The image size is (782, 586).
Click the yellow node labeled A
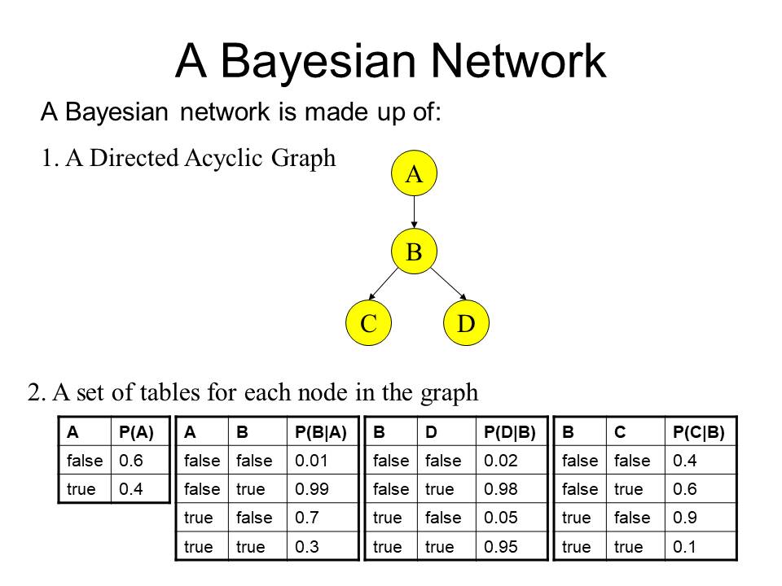coord(414,173)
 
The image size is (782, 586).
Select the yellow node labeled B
coord(414,251)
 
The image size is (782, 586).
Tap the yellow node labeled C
coord(368,323)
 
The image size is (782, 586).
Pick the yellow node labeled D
coord(466,323)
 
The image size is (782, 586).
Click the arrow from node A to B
coord(414,212)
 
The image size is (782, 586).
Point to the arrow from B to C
coord(383,284)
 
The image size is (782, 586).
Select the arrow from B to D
coord(448,284)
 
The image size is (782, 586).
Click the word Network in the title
coord(518,61)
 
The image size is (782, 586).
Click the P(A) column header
coord(136,431)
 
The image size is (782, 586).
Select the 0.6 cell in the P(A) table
coord(130,461)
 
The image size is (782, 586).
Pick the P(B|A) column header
coord(321,431)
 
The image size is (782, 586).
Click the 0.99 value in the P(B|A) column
coord(312,489)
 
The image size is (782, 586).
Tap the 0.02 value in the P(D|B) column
coord(501,461)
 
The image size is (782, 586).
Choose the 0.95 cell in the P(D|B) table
coord(501,547)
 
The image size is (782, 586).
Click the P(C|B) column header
coord(699,431)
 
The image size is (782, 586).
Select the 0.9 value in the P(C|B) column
coord(685,518)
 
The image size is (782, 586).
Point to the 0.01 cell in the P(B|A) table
coord(311,461)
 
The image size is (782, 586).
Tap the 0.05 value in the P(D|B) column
coord(501,518)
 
